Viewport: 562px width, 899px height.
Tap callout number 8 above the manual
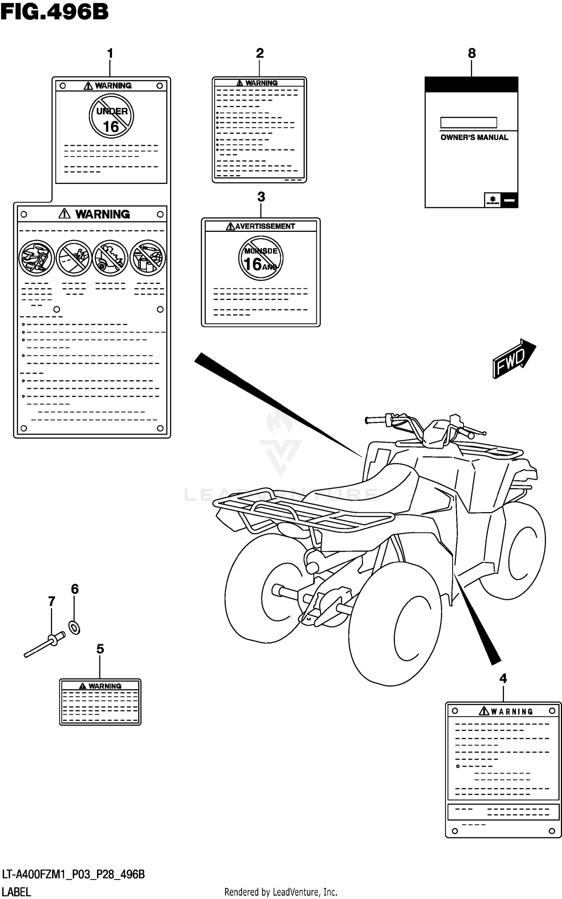point(472,53)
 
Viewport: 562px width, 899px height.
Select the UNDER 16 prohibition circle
point(111,116)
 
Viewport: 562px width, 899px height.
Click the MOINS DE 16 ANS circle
point(261,258)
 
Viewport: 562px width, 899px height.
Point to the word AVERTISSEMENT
point(265,226)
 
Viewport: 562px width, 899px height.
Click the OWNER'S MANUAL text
point(474,137)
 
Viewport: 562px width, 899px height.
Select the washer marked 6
point(75,627)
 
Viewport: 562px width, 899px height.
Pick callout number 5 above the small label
point(100,649)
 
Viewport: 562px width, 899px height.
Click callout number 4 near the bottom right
point(503,678)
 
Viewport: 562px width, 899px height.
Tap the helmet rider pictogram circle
point(37,258)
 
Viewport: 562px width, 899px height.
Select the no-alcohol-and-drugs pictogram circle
point(148,258)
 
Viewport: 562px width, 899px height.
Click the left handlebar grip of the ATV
point(375,420)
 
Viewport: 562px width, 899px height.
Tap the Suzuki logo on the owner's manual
point(492,200)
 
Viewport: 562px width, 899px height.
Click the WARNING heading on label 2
point(261,83)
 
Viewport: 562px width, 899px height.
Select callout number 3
point(261,197)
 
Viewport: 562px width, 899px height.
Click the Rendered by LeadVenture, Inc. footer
point(281,892)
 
